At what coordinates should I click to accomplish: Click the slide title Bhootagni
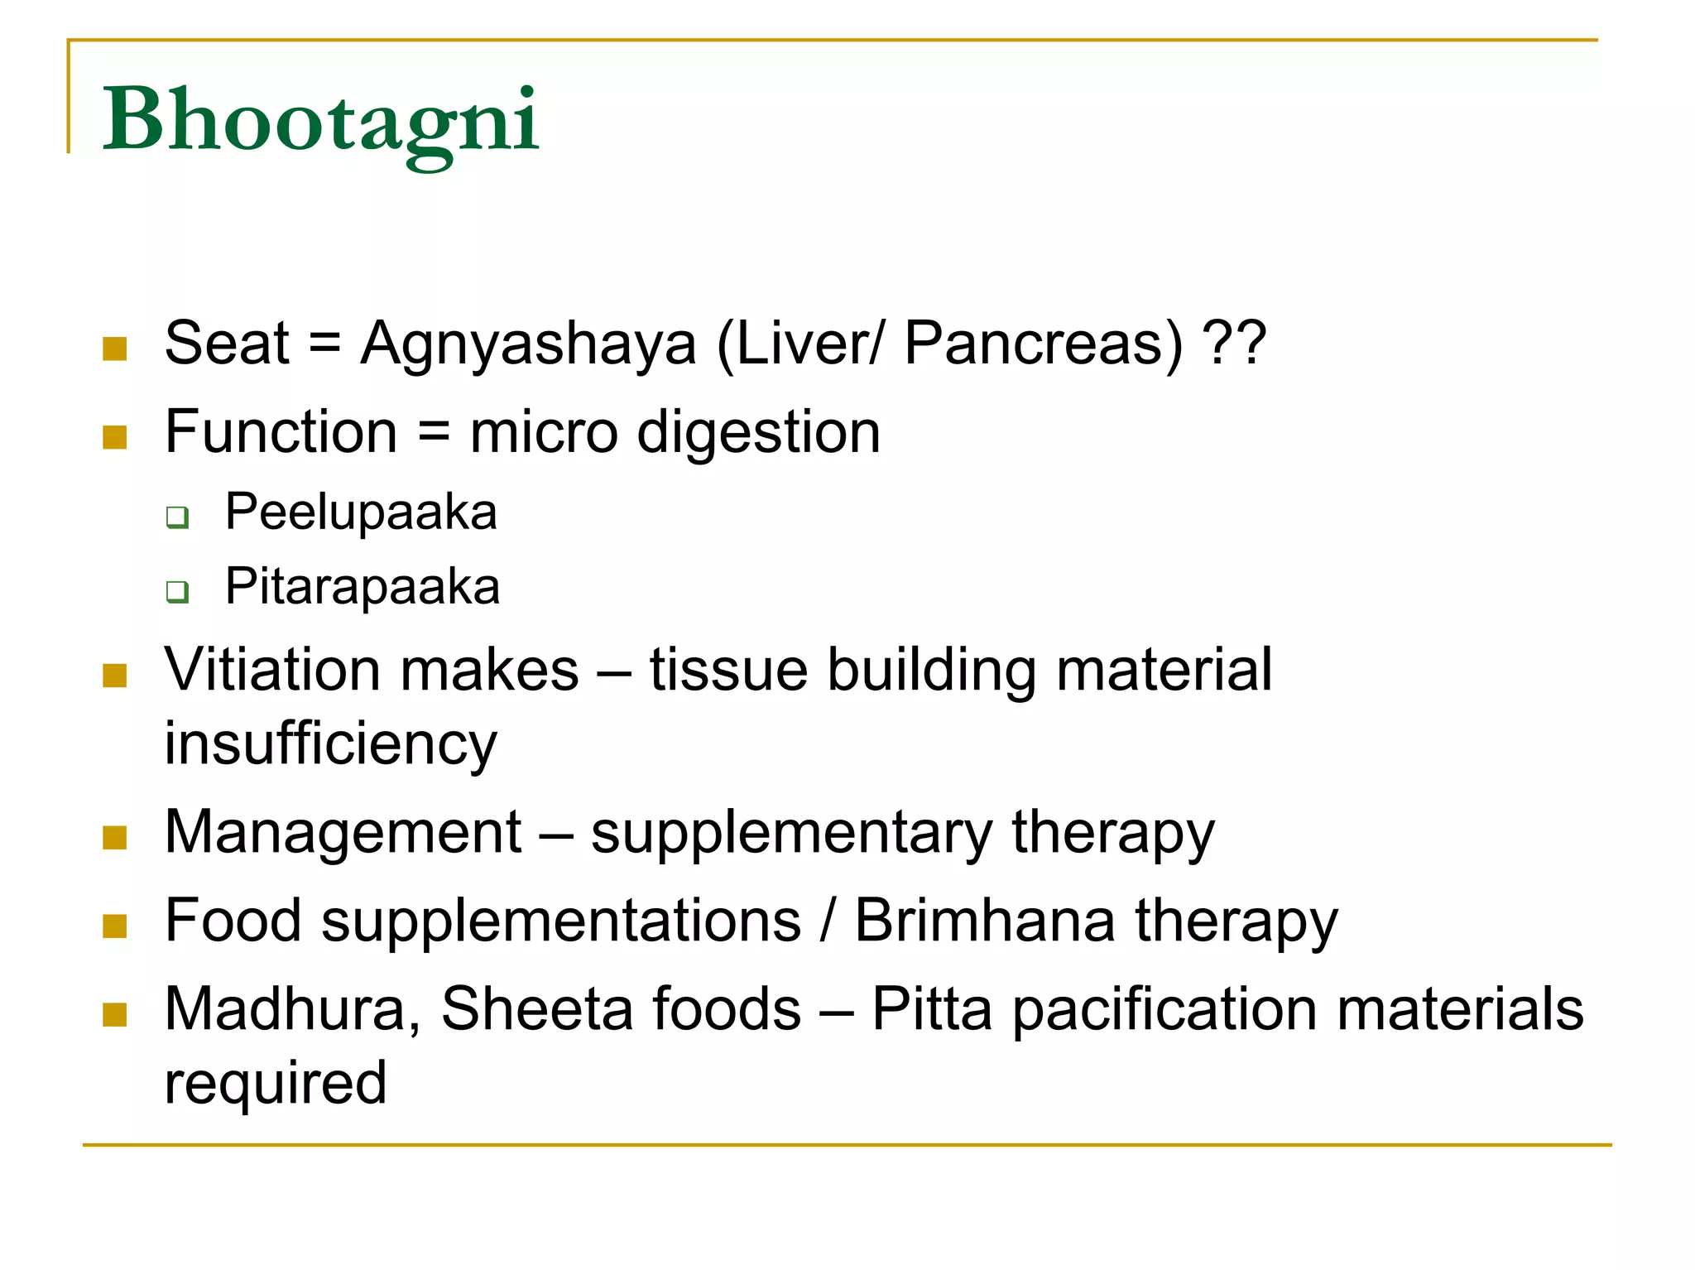pos(320,122)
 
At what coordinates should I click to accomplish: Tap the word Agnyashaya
pos(528,344)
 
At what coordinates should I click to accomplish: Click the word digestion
pos(758,433)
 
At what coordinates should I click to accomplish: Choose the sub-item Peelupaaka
pos(361,512)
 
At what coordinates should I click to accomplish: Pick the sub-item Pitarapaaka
pos(363,587)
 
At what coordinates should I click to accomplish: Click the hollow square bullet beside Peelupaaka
pos(177,517)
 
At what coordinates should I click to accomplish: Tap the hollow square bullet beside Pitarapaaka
pos(177,592)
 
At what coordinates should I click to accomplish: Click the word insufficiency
pos(331,744)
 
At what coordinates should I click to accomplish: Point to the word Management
pos(343,832)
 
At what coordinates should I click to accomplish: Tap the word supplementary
pos(790,834)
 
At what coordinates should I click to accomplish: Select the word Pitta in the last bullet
pos(932,1009)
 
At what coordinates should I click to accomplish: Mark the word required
pos(276,1084)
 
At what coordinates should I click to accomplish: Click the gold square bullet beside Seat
pos(115,349)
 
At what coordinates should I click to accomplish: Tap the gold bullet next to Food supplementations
pos(115,926)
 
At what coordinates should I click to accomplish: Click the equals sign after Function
pos(434,432)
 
